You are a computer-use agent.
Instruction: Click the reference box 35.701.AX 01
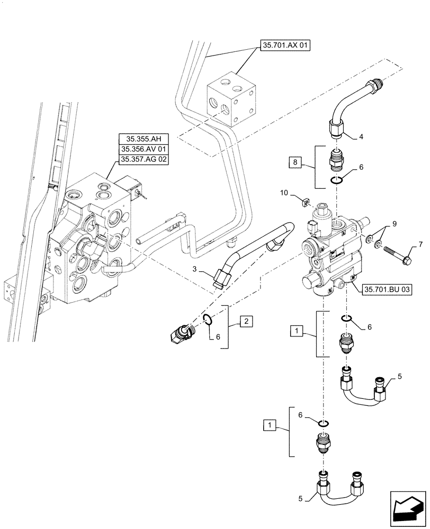[x=284, y=46]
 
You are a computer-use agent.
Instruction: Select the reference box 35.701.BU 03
[x=388, y=289]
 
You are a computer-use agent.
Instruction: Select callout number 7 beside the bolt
[x=406, y=244]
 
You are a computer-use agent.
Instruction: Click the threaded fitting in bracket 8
[x=336, y=160]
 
